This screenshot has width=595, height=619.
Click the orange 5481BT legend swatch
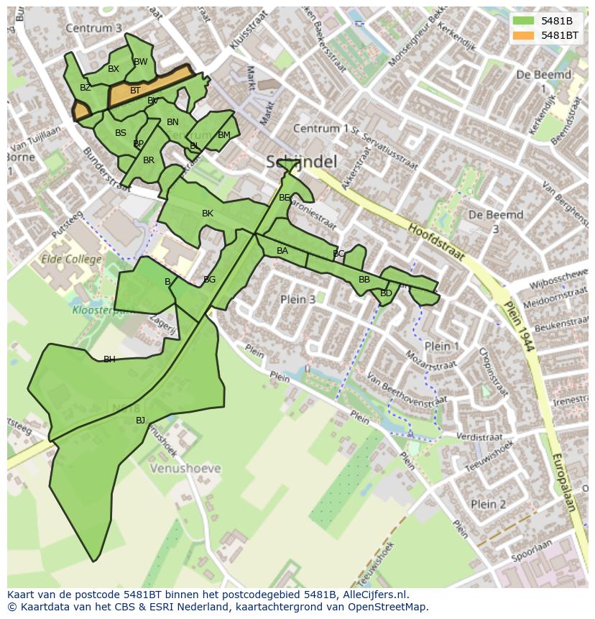524,35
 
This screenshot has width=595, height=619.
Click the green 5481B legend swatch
524,21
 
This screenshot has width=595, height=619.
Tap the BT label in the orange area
135,91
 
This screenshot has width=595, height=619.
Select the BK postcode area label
208,214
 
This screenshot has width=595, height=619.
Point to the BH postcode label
109,359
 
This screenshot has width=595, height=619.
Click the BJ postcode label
140,420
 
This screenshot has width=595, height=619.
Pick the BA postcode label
282,251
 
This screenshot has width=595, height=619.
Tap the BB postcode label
364,280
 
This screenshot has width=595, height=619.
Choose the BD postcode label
386,293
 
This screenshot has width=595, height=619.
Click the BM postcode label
224,135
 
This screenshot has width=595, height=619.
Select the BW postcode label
141,62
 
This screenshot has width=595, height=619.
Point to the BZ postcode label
86,88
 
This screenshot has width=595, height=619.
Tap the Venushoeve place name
185,468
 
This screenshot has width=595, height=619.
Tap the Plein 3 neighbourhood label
297,299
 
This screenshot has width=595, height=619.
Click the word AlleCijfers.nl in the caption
373,595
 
